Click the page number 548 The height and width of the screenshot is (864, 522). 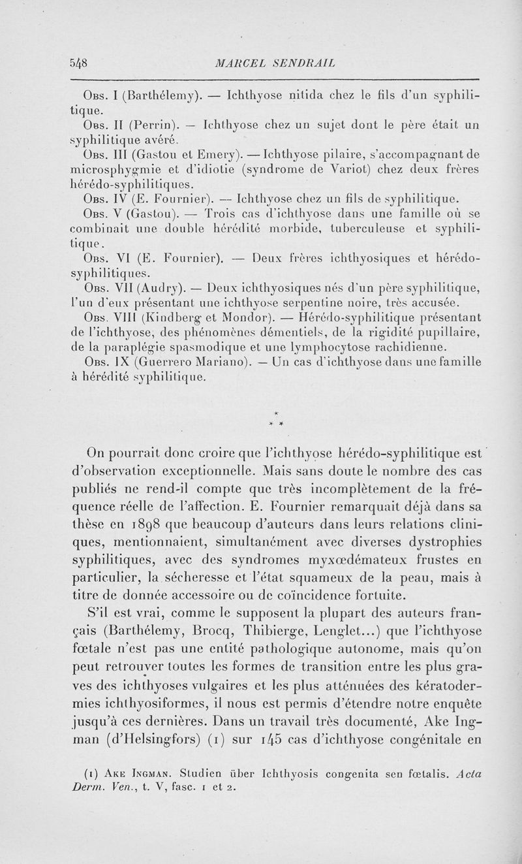[79, 63]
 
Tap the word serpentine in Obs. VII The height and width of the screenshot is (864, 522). [305, 303]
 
